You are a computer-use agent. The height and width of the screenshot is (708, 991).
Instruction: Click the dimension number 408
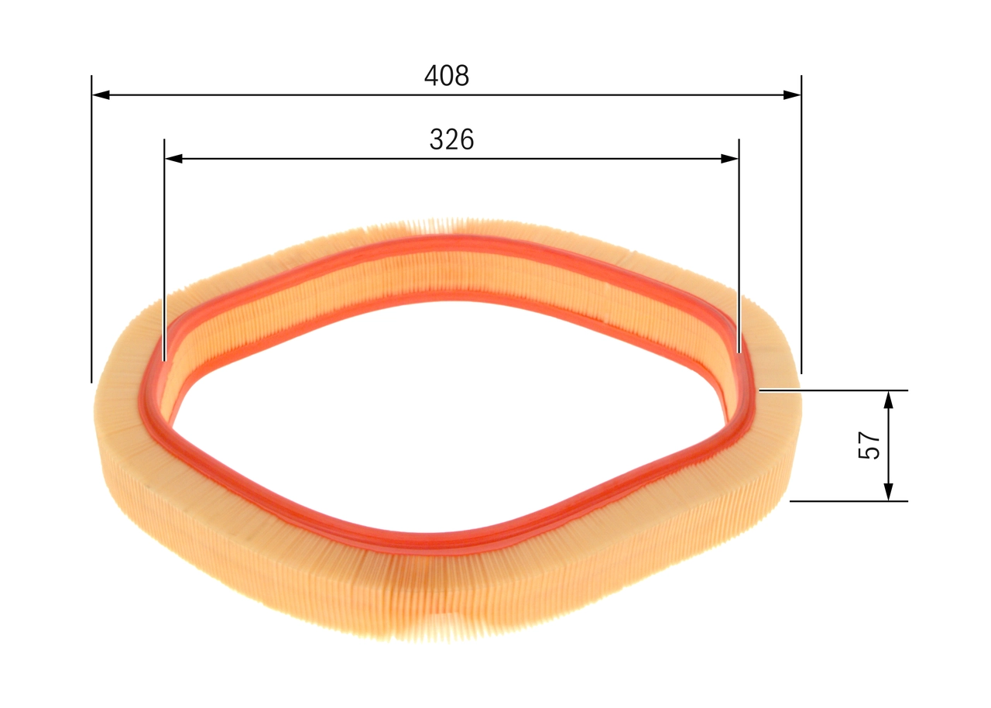pos(447,76)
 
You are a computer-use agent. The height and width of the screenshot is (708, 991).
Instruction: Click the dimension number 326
pos(451,139)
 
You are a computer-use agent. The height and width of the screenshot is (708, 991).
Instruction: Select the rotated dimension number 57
pos(869,445)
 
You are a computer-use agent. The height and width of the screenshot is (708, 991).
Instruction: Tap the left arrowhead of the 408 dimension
pos(101,95)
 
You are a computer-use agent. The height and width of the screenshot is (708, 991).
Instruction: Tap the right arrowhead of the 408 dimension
pos(792,95)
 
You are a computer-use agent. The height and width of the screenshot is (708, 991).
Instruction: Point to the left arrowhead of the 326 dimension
pos(173,159)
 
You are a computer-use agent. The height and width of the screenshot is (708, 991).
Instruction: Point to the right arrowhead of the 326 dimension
pos(730,159)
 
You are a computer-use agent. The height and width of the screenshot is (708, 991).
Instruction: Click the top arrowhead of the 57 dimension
pos(888,400)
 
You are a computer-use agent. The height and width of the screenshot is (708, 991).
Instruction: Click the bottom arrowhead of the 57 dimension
pos(888,492)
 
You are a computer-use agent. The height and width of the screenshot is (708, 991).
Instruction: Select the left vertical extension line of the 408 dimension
pos(91,229)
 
